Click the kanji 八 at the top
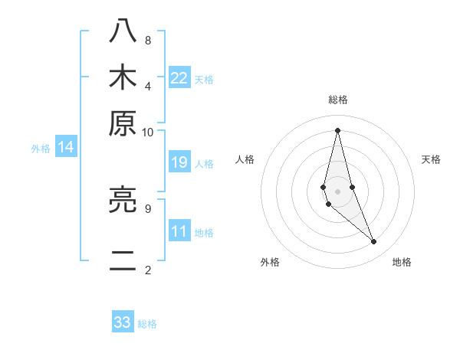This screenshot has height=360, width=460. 123,31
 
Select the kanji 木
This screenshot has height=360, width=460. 123,77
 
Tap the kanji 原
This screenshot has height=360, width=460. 123,123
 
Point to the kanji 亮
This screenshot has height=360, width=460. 123,200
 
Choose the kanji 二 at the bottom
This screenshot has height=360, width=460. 123,261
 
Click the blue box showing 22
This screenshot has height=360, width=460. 179,77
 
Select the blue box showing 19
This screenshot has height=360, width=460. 179,162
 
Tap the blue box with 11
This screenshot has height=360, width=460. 179,231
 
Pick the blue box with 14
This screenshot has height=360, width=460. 66,148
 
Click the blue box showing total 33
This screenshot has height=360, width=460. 123,322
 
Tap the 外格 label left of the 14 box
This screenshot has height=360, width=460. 41,149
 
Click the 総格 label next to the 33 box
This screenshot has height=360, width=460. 147,324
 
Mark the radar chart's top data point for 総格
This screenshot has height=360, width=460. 337,130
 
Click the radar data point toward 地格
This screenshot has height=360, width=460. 374,242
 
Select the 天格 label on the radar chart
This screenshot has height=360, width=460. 432,159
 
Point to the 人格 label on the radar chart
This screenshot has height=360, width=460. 245,159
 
